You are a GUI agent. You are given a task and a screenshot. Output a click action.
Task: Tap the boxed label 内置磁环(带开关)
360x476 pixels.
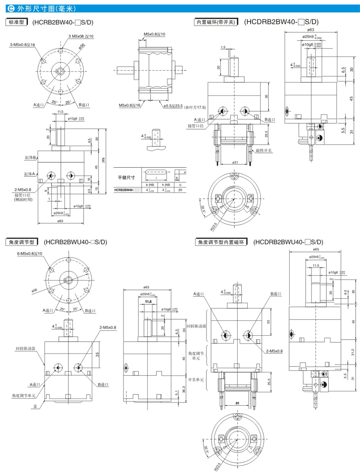coord(216,23)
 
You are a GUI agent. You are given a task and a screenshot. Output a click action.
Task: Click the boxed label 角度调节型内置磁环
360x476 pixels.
coord(221,242)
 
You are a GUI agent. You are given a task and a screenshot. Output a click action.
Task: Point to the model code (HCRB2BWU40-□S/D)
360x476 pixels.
coord(76,242)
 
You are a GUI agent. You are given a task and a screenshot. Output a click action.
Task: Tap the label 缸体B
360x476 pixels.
coord(29,158)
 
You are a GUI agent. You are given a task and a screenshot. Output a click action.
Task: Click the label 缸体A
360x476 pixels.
coord(29,174)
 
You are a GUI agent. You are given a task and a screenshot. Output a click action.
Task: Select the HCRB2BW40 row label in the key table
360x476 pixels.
coord(126,190)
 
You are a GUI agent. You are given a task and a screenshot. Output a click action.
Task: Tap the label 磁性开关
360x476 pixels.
coord(264,150)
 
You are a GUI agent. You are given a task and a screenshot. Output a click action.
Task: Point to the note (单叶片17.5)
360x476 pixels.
coord(195,107)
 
